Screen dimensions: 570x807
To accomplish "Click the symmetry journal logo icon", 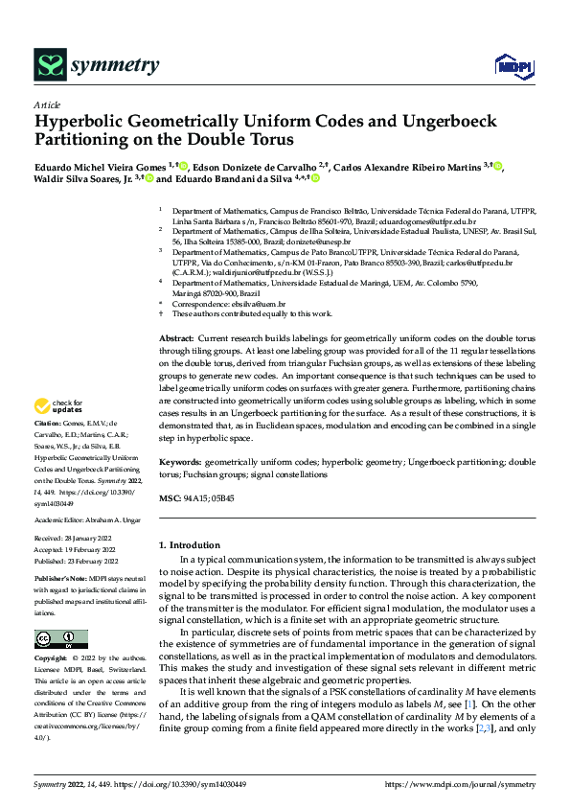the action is (48, 65).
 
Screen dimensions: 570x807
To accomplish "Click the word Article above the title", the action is (47, 104).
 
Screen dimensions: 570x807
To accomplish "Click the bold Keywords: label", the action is (179, 461).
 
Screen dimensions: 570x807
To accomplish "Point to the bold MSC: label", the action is (169, 499).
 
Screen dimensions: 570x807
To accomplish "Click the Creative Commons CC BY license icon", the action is (60, 639).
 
